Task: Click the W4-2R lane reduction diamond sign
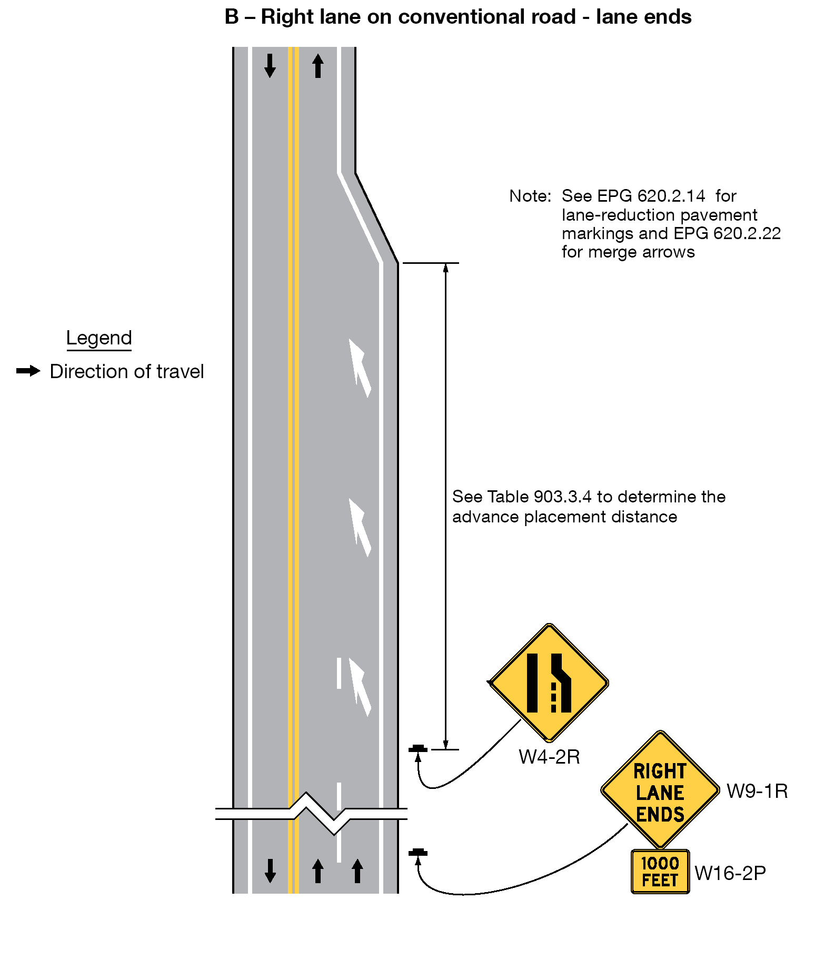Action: point(549,683)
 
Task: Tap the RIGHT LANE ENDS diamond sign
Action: point(660,790)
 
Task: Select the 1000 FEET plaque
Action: point(660,872)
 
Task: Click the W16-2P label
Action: point(730,873)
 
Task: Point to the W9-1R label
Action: point(757,791)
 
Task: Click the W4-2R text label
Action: point(549,757)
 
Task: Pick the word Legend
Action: point(99,338)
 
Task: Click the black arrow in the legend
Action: point(28,371)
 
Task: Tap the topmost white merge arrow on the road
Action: point(360,368)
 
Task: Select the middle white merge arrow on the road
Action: point(360,527)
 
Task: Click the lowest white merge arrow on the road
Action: point(360,687)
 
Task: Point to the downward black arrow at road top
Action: point(270,66)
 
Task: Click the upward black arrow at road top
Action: point(317,66)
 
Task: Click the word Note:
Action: point(530,196)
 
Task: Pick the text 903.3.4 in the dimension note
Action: point(562,497)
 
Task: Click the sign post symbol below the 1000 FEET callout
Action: point(418,853)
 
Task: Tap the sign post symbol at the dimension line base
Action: point(418,749)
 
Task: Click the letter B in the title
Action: point(232,17)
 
